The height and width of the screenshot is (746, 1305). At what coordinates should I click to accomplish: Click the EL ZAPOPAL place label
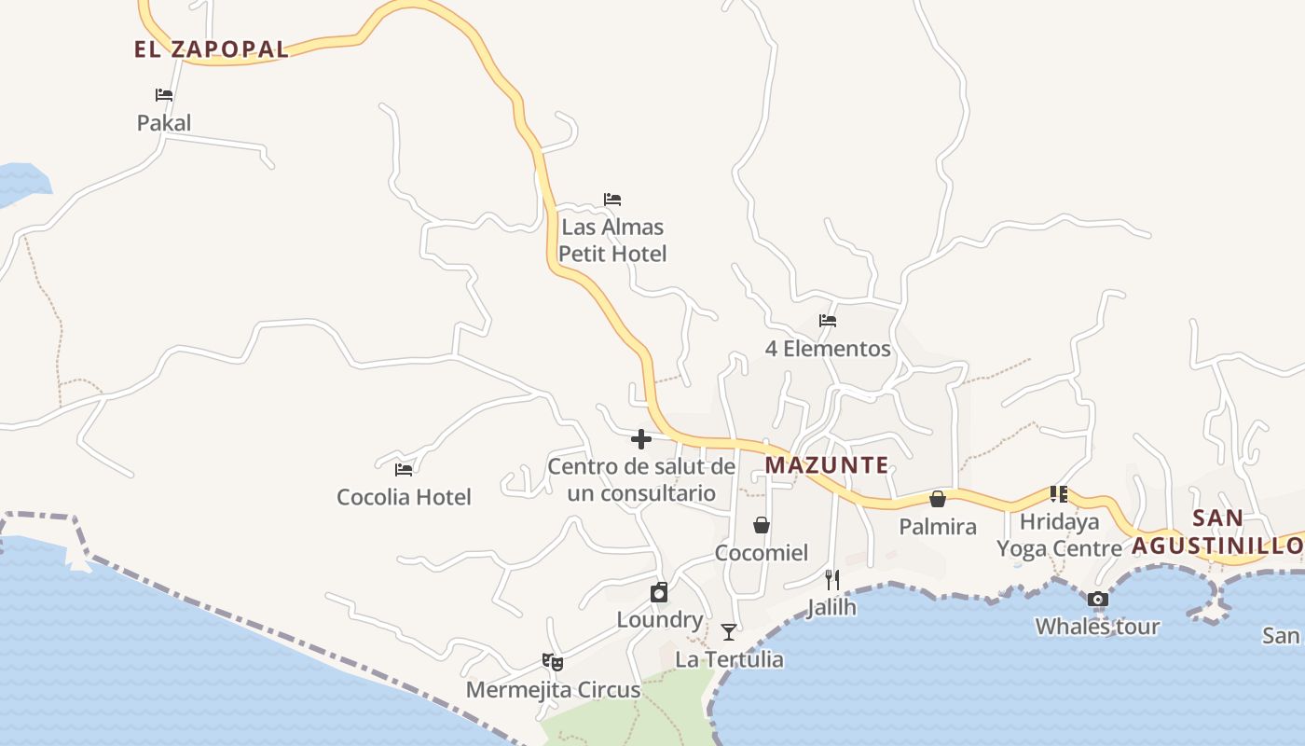(x=212, y=49)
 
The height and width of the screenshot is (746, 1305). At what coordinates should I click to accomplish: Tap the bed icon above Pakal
(x=164, y=95)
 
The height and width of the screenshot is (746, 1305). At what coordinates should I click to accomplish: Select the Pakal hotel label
(x=164, y=123)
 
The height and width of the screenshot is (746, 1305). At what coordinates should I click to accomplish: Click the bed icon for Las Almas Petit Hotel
(x=612, y=200)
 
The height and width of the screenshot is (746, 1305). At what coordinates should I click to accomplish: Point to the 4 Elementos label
(x=828, y=349)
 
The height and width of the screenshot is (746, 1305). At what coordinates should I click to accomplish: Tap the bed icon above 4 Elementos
(x=828, y=321)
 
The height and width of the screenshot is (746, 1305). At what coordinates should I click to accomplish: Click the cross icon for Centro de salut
(x=641, y=439)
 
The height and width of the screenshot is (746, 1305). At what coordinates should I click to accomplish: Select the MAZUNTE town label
(x=827, y=464)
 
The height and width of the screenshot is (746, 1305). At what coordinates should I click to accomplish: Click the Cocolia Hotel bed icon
(x=404, y=469)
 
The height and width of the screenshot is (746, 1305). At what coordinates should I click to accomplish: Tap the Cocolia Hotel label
(x=404, y=497)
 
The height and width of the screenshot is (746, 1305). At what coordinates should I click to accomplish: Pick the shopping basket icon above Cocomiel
(x=762, y=525)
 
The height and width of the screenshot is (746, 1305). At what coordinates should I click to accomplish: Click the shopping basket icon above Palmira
(x=938, y=499)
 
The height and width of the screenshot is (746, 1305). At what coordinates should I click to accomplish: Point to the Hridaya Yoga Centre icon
(x=1058, y=493)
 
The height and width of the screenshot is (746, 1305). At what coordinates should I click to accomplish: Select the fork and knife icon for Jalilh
(x=832, y=579)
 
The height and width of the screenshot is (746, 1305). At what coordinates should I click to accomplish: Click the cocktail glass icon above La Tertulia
(x=729, y=632)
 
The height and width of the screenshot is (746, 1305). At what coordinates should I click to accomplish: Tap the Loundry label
(x=660, y=620)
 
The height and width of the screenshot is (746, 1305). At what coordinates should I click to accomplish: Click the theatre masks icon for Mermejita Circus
(x=553, y=662)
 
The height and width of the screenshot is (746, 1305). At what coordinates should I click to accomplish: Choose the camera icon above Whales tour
(x=1098, y=599)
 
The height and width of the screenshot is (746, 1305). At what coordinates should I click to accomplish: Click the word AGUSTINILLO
(x=1217, y=546)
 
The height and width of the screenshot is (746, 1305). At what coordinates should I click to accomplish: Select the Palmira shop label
(x=938, y=527)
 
